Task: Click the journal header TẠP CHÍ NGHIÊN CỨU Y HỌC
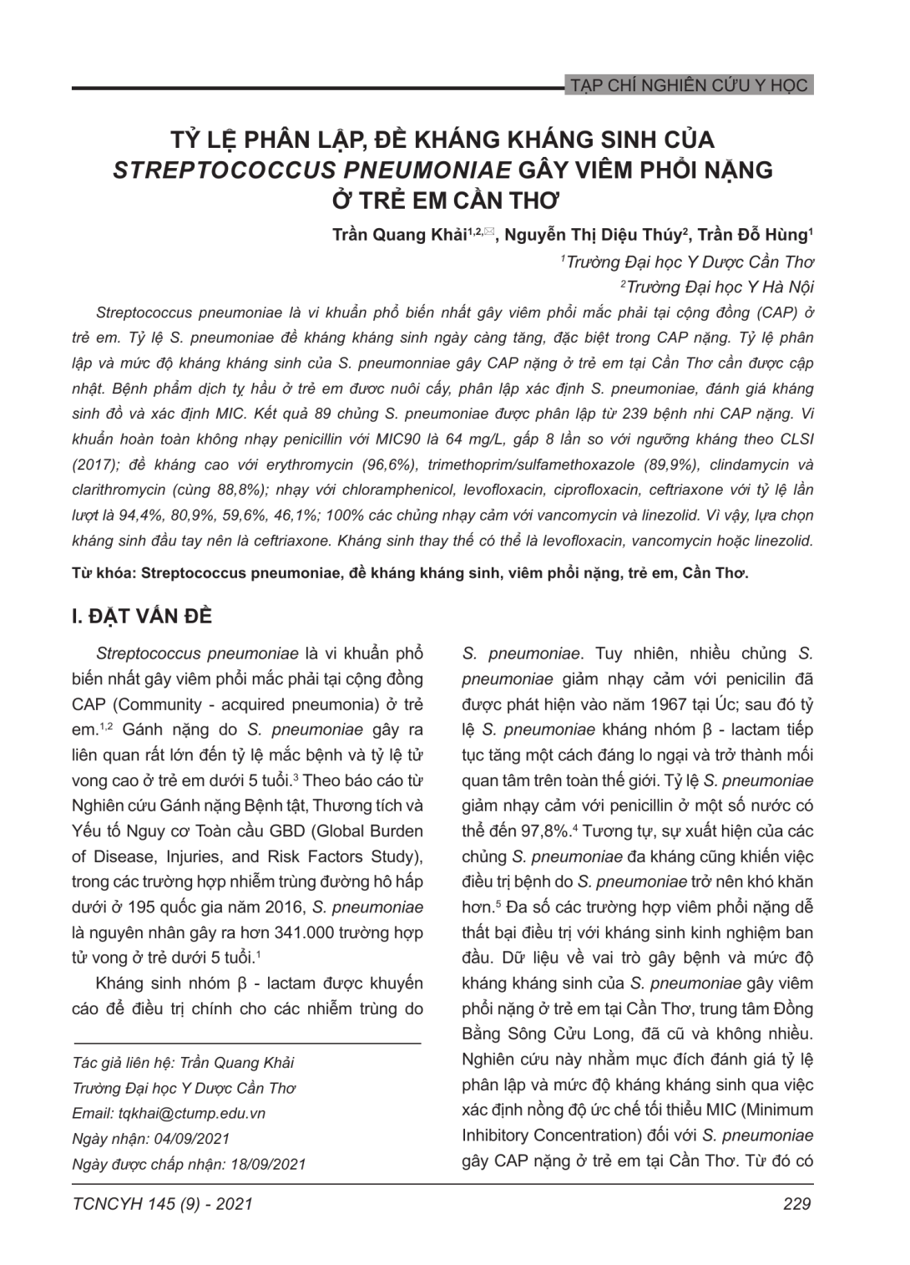pyautogui.click(x=687, y=85)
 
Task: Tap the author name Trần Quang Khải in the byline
pyautogui.click(x=399, y=235)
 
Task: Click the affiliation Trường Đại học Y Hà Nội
pyautogui.click(x=719, y=287)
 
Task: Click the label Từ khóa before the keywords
pyautogui.click(x=104, y=574)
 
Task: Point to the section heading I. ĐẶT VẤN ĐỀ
pyautogui.click(x=143, y=617)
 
